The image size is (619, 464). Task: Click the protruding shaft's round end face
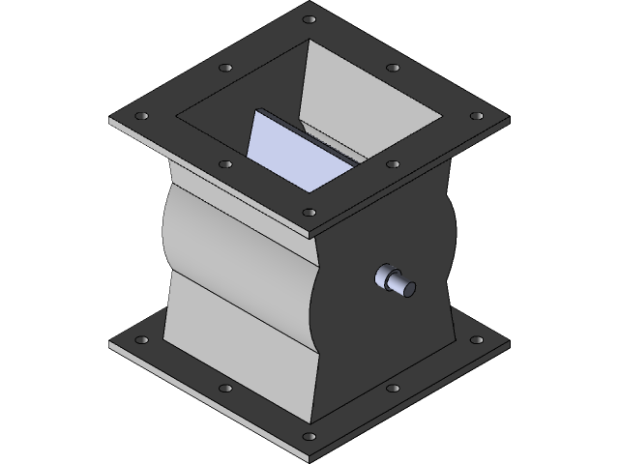coord(408,287)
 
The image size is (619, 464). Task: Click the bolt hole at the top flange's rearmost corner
coord(309,19)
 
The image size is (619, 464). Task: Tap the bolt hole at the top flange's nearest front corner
coord(309,212)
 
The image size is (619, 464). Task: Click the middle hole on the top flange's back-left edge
coord(226,68)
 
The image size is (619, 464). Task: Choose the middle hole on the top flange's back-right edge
coord(393,69)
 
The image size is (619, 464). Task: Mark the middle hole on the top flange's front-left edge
coord(225,164)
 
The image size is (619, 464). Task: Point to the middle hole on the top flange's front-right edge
coord(393,164)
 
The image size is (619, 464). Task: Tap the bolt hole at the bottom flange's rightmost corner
coord(476,340)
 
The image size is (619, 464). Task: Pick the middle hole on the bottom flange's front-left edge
coord(225,389)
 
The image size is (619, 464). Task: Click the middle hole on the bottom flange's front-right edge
coord(393,389)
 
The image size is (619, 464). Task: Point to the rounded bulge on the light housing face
coord(232,242)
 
